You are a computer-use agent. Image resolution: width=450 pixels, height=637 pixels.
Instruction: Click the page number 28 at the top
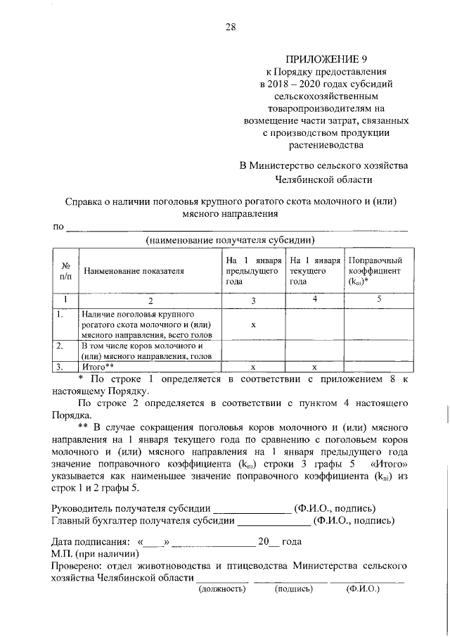click(231, 27)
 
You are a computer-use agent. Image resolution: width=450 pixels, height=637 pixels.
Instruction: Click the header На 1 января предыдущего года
click(253, 270)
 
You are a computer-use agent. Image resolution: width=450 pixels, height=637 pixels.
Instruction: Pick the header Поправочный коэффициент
click(375, 270)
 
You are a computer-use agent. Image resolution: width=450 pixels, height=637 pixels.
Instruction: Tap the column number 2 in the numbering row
click(148, 301)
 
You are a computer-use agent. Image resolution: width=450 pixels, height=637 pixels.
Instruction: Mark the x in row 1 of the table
click(252, 325)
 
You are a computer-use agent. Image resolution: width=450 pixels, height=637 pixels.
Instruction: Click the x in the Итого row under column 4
click(314, 367)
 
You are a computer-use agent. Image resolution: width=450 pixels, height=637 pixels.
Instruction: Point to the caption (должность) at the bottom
click(222, 588)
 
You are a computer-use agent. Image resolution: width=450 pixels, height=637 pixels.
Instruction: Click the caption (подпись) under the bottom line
click(293, 588)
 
